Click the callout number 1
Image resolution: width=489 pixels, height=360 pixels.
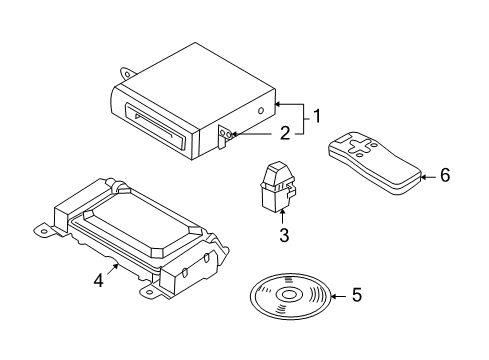(317, 116)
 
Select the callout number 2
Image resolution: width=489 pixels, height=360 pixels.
(285, 133)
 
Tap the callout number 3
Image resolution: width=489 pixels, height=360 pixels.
(284, 235)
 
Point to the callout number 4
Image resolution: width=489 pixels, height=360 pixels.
(99, 280)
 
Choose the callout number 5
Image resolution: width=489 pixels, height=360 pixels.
(357, 295)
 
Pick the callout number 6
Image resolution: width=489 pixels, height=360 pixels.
(445, 175)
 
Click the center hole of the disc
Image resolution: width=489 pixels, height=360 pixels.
(289, 295)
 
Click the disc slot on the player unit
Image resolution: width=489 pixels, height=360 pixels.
(154, 126)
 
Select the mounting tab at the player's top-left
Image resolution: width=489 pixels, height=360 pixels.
(127, 73)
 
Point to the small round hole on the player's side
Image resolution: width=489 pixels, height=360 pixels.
(262, 111)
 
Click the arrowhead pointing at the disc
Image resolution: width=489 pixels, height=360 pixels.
(333, 296)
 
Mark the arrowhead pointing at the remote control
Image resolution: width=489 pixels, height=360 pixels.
(423, 177)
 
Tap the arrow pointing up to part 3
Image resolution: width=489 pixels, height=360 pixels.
(283, 216)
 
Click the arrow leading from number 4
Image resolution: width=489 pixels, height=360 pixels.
(113, 269)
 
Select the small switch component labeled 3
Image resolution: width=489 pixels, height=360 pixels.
(277, 187)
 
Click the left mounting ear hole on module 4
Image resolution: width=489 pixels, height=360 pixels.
(43, 232)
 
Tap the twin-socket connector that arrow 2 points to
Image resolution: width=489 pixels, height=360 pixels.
(225, 134)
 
